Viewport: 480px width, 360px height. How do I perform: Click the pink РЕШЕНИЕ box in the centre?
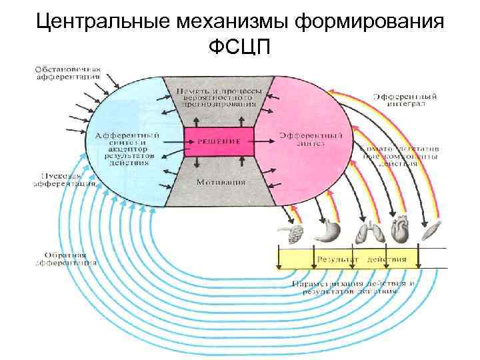[219, 141]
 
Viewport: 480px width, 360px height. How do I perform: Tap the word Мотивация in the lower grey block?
[219, 182]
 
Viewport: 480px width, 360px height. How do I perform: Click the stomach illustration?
[329, 230]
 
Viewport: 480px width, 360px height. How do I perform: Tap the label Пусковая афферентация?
[65, 180]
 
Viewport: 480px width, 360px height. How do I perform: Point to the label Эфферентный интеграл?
[405, 100]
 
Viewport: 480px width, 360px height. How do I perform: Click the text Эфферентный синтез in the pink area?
[307, 139]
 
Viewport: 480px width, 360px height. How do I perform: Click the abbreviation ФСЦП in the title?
[240, 48]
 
